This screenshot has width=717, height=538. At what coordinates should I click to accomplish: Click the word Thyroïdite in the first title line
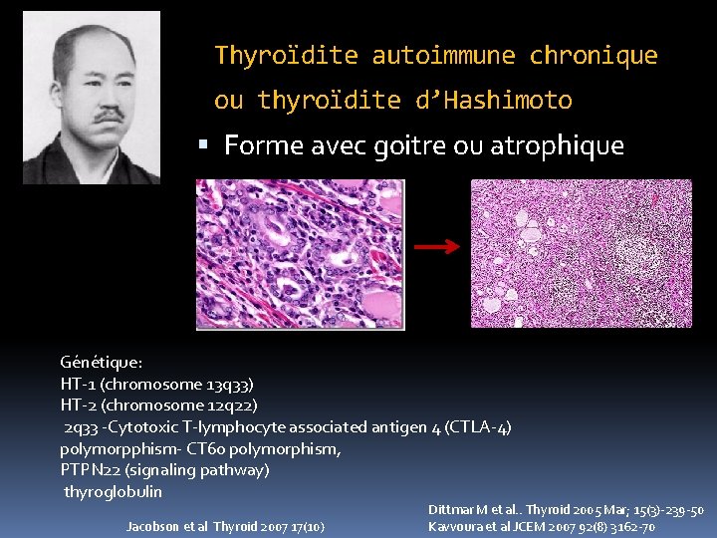(287, 56)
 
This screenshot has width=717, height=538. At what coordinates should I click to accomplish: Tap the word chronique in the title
(594, 56)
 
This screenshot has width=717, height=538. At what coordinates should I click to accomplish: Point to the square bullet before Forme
(205, 145)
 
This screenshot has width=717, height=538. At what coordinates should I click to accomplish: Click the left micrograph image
(300, 254)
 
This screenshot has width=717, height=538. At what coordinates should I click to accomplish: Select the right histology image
(581, 254)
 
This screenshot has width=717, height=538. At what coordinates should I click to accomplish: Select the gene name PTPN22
(96, 469)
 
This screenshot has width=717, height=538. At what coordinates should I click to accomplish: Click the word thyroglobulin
(113, 491)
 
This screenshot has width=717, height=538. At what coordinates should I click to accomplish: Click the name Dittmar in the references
(454, 510)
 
